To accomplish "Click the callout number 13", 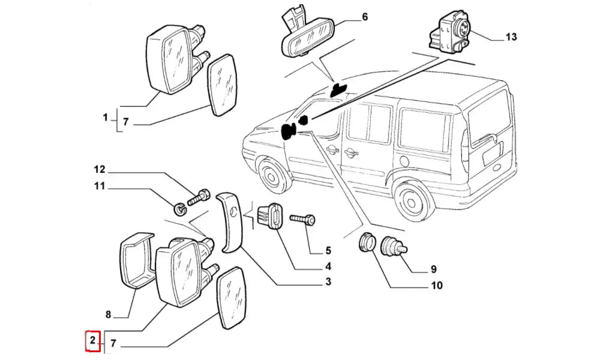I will click(x=511, y=37).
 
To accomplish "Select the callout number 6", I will click(x=364, y=17).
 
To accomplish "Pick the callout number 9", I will click(x=433, y=269).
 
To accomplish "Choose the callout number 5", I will click(x=328, y=251).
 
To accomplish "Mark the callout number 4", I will click(x=328, y=266).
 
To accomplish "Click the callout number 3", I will click(x=328, y=282).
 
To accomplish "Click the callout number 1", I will click(x=105, y=118).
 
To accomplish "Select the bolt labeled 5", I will click(x=302, y=220).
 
